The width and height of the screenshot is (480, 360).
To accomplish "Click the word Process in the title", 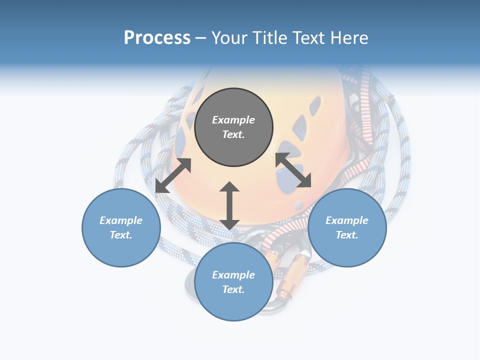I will point(157,38).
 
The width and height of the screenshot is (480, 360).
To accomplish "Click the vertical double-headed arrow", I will point(229,205).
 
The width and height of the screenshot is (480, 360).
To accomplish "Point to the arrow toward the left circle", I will point(173,175).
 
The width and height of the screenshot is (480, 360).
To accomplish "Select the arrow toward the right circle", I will point(293,170).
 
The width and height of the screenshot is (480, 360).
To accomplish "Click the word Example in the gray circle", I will point(233,120).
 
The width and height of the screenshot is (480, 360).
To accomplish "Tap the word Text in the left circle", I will point(121,235).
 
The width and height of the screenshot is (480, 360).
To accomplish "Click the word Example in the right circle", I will point(347,220).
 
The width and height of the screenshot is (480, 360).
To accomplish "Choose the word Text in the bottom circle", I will point(233,289).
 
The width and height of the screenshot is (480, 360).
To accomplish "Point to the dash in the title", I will point(200,38).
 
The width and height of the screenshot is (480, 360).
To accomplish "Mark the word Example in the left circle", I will point(121,220).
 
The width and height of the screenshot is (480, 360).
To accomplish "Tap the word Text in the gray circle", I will point(233,134).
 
